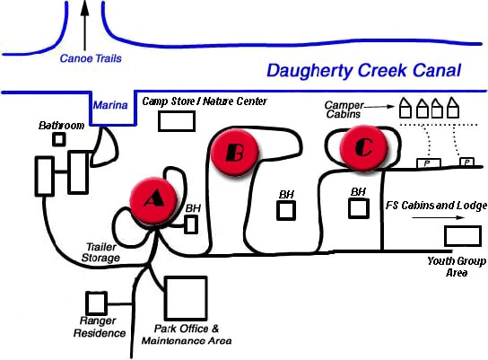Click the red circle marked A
(153, 201)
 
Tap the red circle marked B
(235, 153)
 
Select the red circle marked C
(364, 147)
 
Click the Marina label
(110, 105)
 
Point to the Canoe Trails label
(91, 58)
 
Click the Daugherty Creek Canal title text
(364, 70)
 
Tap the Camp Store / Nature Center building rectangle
(177, 121)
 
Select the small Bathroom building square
(59, 139)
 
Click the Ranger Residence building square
(97, 303)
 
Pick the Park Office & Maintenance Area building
(186, 298)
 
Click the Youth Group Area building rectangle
(463, 236)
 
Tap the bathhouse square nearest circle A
(191, 224)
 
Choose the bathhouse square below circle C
(359, 208)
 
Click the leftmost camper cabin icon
(405, 108)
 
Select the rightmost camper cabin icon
(452, 108)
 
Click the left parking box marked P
(429, 162)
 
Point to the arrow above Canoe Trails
(84, 25)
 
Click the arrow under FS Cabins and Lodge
(438, 217)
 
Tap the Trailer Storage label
(100, 252)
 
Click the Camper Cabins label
(344, 110)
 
